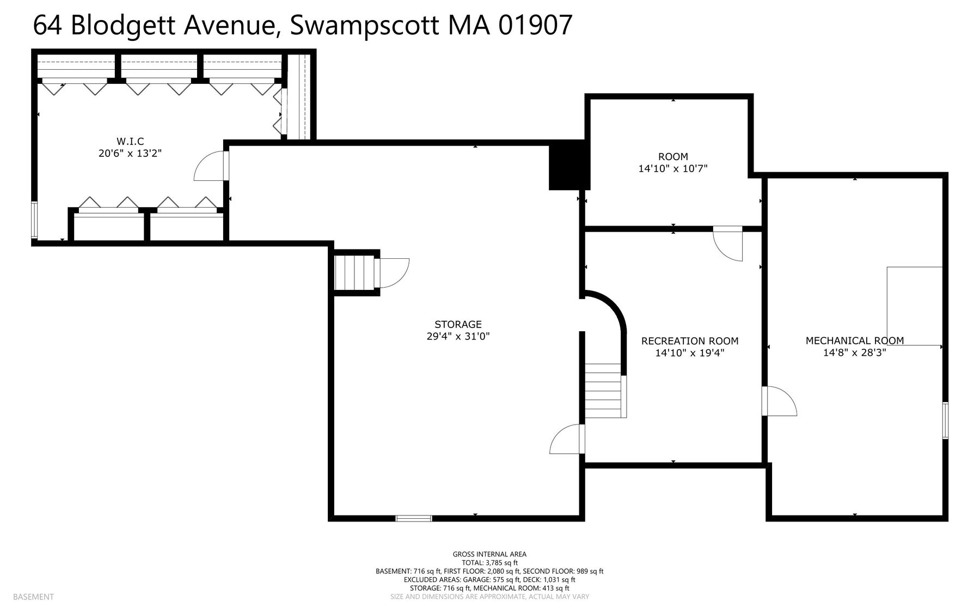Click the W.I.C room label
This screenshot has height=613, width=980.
tap(130, 142)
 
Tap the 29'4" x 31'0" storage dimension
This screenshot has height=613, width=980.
tap(458, 337)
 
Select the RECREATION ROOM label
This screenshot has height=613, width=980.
tap(690, 341)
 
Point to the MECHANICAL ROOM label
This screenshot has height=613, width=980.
tap(855, 341)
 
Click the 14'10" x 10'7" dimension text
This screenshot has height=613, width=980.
tap(673, 169)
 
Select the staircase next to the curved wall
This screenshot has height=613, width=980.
tap(603, 390)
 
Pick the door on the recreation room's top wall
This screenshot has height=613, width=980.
tap(728, 244)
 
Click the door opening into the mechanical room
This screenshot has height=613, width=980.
tap(780, 401)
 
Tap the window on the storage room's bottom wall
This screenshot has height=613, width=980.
tap(414, 518)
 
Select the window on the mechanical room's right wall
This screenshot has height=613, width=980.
tap(945, 420)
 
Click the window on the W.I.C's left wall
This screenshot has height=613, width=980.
tap(34, 220)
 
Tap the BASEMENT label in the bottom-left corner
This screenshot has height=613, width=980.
tap(33, 597)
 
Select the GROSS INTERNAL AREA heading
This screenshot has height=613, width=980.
tap(489, 555)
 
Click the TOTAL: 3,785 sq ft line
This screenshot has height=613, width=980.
tap(489, 563)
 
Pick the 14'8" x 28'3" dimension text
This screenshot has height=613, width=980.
tap(855, 353)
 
